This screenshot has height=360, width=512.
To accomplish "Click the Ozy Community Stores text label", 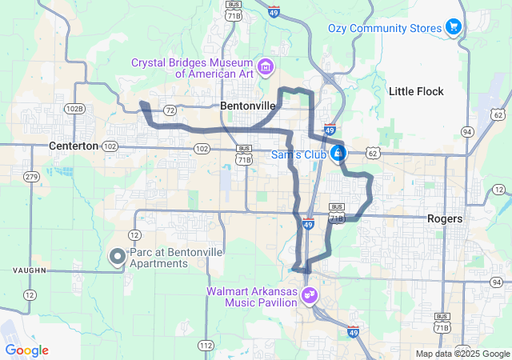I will [385, 28].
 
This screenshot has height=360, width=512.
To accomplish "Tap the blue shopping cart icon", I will [454, 27].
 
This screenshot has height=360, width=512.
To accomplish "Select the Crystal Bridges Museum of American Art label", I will [193, 68].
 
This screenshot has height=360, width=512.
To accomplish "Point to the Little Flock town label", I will [416, 91].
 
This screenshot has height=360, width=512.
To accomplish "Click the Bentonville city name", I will [248, 106].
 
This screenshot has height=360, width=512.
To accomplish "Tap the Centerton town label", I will [73, 146].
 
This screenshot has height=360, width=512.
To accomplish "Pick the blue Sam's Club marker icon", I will [339, 152].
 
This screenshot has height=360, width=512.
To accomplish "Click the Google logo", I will [26, 350].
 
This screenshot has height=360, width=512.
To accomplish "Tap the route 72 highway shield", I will [169, 109].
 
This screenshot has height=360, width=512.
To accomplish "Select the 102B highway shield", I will [74, 109].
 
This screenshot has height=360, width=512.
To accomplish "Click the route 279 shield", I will [31, 176].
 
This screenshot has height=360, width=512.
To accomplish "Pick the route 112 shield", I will [206, 346].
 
